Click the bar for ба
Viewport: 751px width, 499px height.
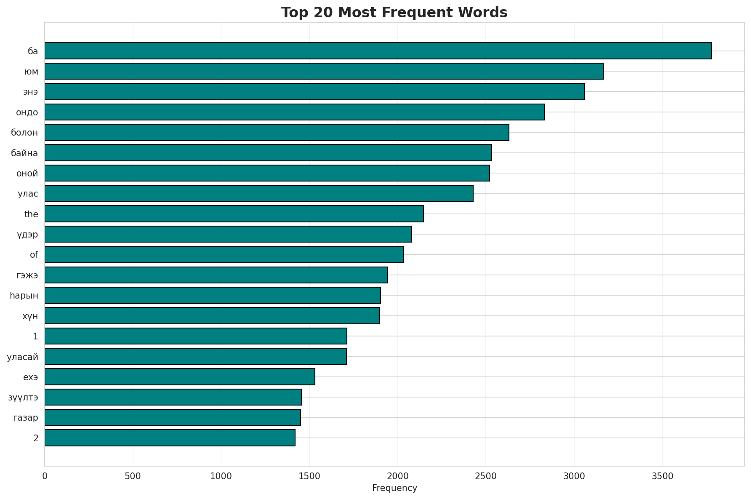(378, 51)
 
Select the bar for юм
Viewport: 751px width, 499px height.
(324, 71)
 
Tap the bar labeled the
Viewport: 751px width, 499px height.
(234, 214)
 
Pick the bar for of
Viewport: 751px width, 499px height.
(224, 255)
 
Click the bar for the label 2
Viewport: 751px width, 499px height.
(170, 438)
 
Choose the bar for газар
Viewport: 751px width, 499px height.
(173, 418)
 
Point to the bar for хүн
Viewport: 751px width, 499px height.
(212, 316)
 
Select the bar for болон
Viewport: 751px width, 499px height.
(277, 133)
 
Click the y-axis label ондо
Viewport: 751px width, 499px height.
(27, 112)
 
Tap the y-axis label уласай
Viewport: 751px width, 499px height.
(23, 357)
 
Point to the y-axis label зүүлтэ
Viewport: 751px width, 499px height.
(23, 398)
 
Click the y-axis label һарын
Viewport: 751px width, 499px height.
(24, 296)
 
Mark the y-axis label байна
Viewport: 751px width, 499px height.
(24, 153)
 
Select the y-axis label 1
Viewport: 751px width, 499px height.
(36, 336)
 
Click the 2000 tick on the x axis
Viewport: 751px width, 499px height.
(398, 476)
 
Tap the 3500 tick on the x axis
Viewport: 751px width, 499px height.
(663, 476)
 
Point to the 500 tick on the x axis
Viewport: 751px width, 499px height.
(133, 476)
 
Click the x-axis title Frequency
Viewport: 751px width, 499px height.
(394, 488)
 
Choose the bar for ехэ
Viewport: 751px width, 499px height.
(180, 377)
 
